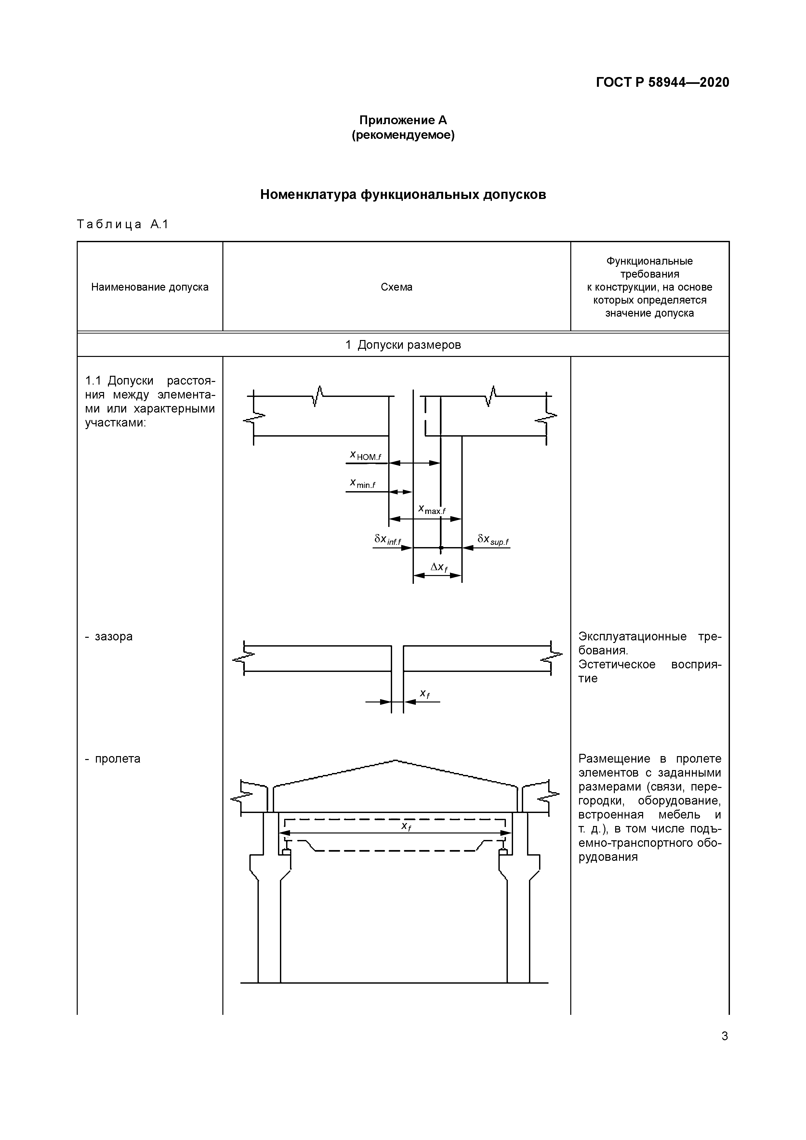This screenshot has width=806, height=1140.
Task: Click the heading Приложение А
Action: (x=403, y=120)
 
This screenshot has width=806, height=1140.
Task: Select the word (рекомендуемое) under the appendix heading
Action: (x=403, y=135)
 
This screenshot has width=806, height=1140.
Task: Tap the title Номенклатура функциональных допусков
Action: (x=403, y=195)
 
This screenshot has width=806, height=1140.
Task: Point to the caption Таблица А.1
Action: (x=123, y=224)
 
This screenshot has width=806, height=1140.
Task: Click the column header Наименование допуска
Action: (x=150, y=287)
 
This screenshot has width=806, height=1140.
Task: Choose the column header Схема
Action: (x=396, y=287)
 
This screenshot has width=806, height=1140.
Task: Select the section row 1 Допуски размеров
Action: (x=403, y=345)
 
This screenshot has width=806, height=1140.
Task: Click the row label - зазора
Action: (x=109, y=636)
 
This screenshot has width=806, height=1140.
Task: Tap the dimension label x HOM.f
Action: (x=365, y=455)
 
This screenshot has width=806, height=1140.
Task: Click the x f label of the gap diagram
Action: (x=424, y=694)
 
